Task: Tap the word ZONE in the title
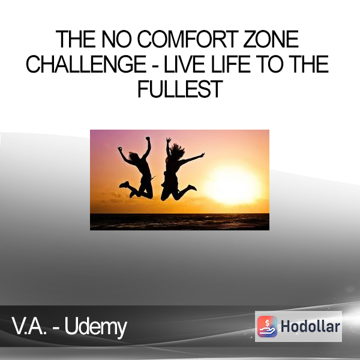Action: click(x=271, y=39)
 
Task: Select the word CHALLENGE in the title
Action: click(x=86, y=64)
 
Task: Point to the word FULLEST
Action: click(x=180, y=89)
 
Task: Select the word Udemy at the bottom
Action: click(x=96, y=327)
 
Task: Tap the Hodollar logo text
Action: click(x=310, y=326)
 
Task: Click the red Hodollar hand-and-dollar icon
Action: click(x=267, y=326)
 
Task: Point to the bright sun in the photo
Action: click(x=232, y=184)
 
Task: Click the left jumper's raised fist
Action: click(x=148, y=139)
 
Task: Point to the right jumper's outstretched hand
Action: click(x=202, y=155)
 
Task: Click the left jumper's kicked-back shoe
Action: click(x=124, y=184)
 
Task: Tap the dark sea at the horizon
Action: click(x=179, y=221)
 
